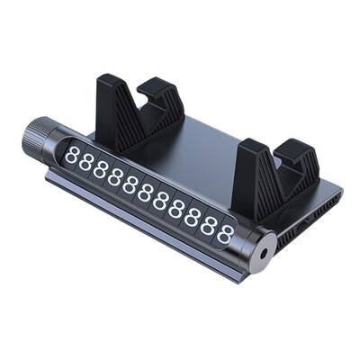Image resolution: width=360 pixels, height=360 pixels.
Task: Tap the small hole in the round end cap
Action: (263, 254)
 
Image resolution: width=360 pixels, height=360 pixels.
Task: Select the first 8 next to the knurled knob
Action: (71, 155)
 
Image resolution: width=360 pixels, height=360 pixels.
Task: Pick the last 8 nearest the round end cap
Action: (225, 235)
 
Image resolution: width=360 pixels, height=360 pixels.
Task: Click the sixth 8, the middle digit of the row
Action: (145, 193)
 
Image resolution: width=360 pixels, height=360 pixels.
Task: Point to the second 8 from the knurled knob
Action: (85, 162)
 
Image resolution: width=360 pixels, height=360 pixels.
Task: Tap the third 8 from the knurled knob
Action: (100, 169)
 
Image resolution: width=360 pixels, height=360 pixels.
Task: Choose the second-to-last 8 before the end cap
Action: (208, 226)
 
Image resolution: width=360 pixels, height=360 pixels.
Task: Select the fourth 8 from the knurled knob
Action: (114, 177)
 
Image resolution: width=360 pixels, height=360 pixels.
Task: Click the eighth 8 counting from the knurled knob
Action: (175, 209)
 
